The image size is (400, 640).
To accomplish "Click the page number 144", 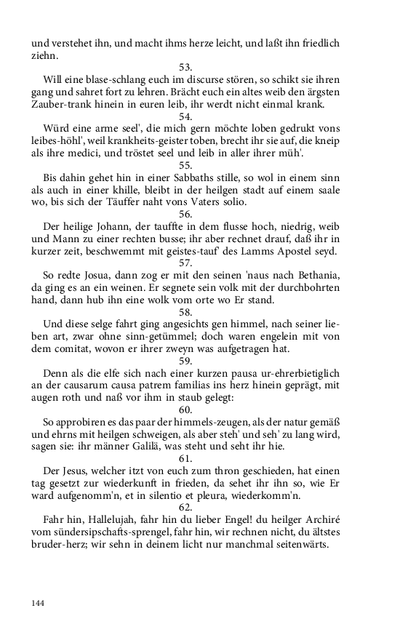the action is [38, 603].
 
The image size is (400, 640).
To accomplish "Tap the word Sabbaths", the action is [217, 177].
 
